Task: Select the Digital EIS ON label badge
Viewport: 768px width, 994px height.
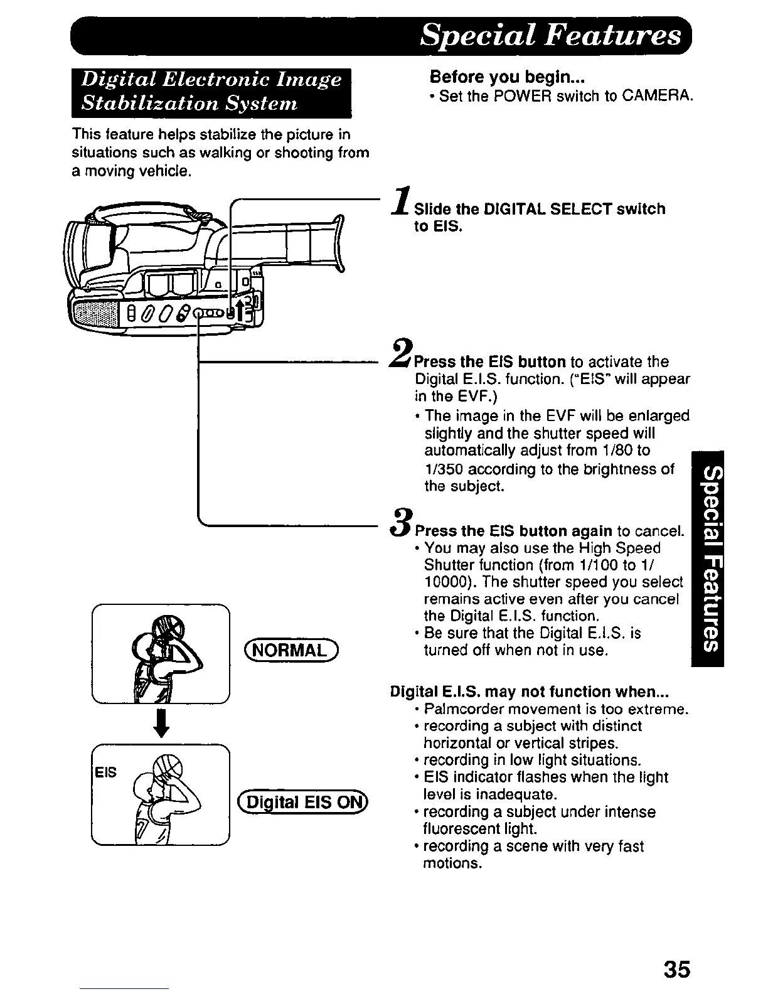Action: pyautogui.click(x=304, y=802)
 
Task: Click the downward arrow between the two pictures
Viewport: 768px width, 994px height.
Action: pyautogui.click(x=161, y=723)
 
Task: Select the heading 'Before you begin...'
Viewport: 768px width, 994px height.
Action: pyautogui.click(x=507, y=78)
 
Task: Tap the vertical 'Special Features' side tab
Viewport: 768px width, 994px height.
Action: pyautogui.click(x=707, y=558)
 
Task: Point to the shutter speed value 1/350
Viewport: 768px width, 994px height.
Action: pyautogui.click(x=443, y=469)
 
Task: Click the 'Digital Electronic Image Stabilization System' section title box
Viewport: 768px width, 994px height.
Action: pyautogui.click(x=211, y=92)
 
